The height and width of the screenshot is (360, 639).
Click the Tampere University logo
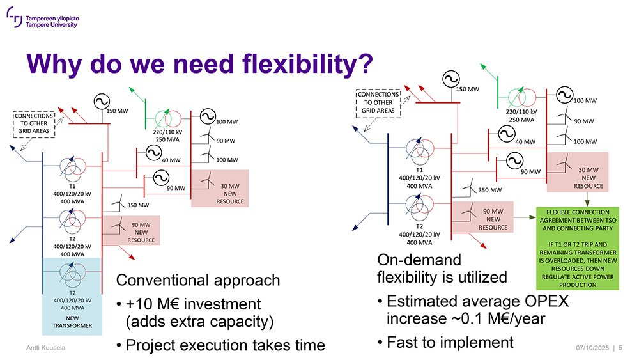[x=43, y=18]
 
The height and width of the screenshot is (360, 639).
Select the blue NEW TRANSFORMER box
[x=72, y=297]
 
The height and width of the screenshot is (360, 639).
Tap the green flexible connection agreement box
[x=578, y=248]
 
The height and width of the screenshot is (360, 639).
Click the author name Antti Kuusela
[x=45, y=348]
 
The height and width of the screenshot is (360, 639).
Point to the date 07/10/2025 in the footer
[x=592, y=348]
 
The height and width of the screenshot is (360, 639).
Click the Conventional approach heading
[x=198, y=281]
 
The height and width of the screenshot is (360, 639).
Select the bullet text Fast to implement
[x=450, y=343]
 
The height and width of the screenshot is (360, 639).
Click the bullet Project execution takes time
[x=225, y=345]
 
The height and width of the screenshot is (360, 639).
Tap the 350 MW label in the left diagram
[x=138, y=205]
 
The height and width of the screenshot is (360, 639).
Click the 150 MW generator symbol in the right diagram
[x=451, y=79]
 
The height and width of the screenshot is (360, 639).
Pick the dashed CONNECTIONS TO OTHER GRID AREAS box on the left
[x=34, y=123]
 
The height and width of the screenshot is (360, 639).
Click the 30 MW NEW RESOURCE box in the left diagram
[x=220, y=189]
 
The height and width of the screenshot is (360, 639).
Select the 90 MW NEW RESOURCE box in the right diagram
[x=482, y=217]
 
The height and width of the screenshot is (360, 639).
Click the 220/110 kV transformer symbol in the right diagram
[x=522, y=97]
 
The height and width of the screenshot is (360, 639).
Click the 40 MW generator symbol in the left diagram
[x=153, y=153]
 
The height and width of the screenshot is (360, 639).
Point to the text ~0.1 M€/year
[x=497, y=318]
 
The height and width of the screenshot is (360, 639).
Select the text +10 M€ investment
[x=193, y=304]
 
